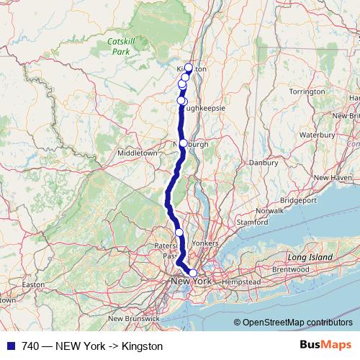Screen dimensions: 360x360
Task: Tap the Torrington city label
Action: (x=307, y=92)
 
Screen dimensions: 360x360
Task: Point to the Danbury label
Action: (x=264, y=163)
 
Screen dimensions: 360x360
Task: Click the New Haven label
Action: (x=331, y=177)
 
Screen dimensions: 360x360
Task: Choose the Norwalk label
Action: (x=270, y=211)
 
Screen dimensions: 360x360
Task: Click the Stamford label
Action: (x=252, y=223)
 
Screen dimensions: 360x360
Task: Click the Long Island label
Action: (x=310, y=257)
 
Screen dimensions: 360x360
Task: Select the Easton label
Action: (x=34, y=284)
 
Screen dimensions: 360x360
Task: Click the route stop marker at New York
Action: (x=192, y=272)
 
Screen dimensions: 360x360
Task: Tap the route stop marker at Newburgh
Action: (x=183, y=143)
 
